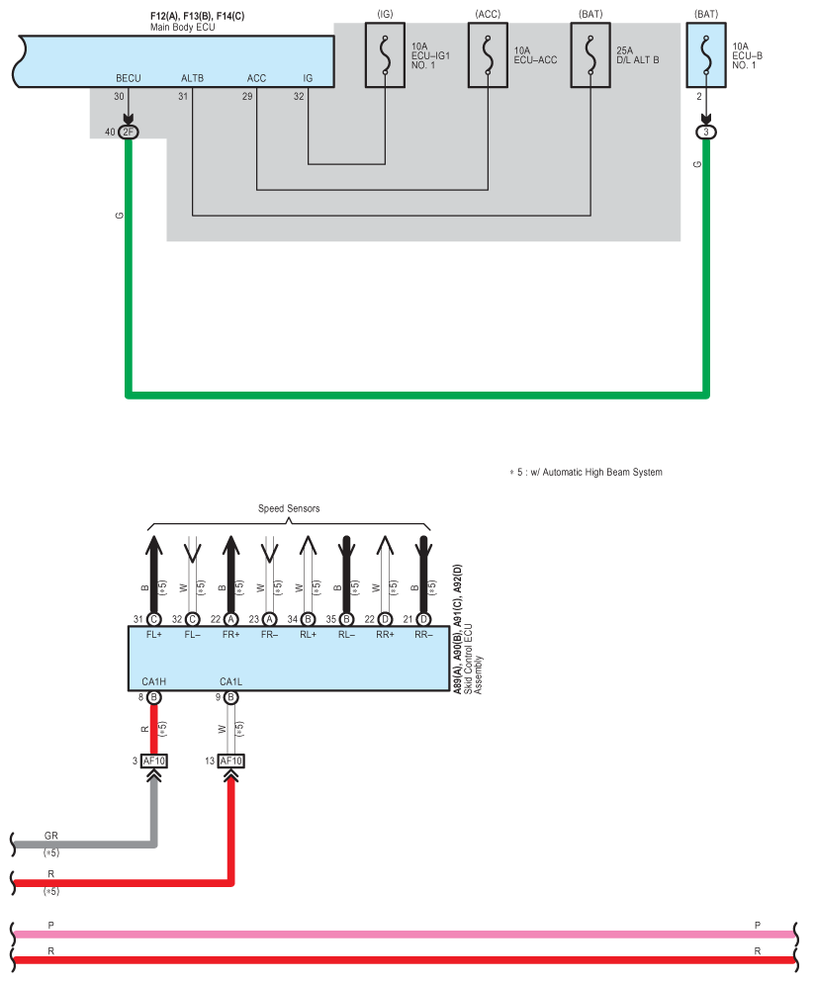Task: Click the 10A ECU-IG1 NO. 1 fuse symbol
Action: tap(386, 55)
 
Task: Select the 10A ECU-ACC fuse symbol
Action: tap(488, 55)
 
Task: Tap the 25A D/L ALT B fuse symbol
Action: tap(590, 55)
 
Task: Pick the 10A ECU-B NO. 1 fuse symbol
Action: tap(706, 55)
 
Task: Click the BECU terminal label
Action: tap(129, 78)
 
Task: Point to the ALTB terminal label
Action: tap(192, 78)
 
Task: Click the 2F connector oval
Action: tap(129, 133)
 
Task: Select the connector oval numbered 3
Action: tap(706, 133)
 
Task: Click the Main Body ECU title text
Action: tap(183, 28)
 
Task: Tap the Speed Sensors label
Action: tap(289, 508)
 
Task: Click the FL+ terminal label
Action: tap(154, 635)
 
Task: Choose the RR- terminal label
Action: tap(423, 635)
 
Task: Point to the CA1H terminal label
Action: tap(154, 681)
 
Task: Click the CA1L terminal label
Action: tap(231, 681)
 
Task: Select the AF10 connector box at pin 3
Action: tap(154, 760)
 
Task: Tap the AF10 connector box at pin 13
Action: tap(231, 760)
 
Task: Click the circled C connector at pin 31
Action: tap(154, 619)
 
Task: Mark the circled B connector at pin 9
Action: tap(231, 697)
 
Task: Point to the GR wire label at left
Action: tap(51, 836)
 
